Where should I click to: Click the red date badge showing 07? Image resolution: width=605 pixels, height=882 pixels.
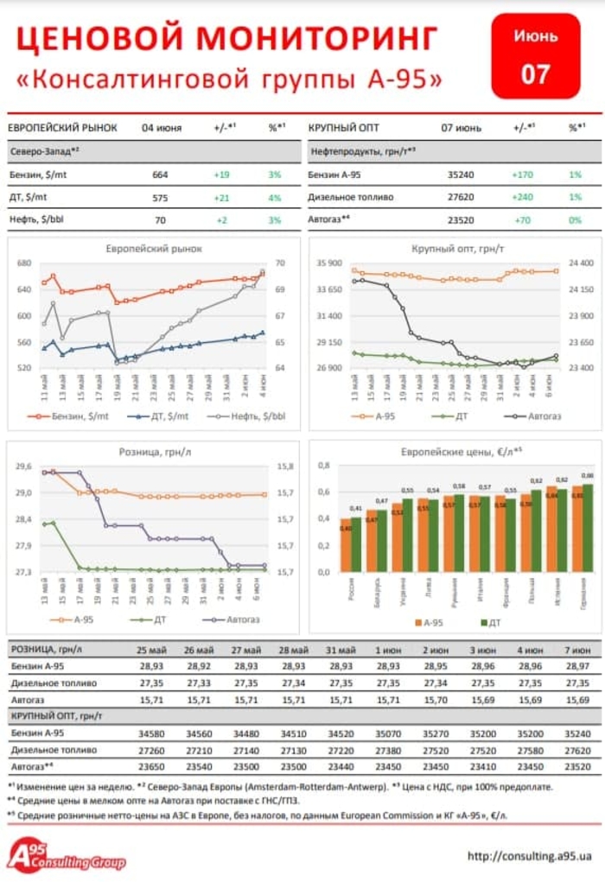tap(535, 55)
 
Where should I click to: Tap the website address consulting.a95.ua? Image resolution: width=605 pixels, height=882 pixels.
tap(529, 856)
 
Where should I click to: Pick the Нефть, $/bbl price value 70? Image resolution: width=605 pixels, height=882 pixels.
tap(160, 220)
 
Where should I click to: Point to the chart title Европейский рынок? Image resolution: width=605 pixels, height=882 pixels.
tap(154, 249)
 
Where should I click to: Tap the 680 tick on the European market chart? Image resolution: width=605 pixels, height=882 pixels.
tap(23, 263)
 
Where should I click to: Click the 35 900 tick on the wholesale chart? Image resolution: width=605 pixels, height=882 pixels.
tap(331, 263)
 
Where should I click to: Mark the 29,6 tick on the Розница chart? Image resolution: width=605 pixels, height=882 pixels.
tap(23, 466)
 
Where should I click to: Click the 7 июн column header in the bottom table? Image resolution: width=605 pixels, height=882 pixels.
tap(576, 649)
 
